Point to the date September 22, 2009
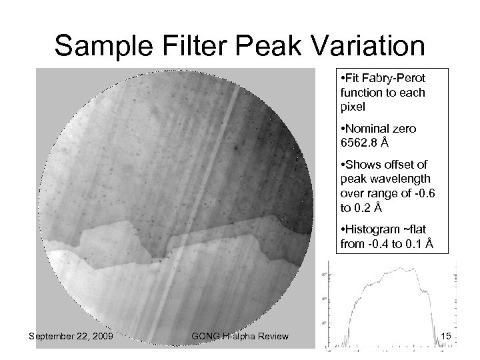70,337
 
